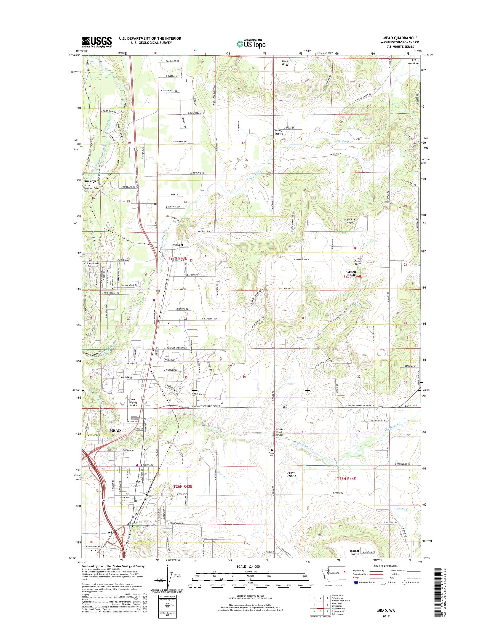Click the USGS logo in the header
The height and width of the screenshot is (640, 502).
pos(97,42)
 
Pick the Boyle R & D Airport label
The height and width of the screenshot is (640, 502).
pos(349,221)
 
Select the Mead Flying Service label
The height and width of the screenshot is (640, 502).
pos(133,402)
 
